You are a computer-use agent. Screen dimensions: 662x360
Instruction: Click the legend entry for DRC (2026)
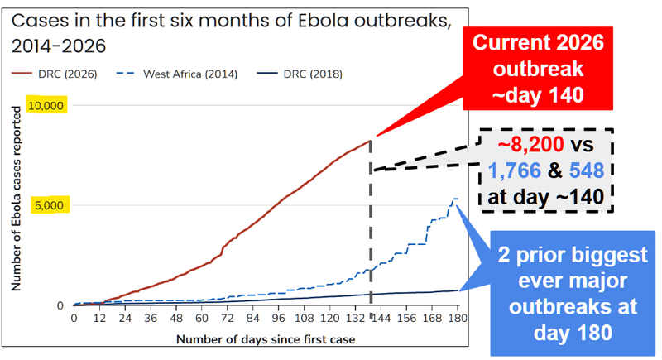[55, 74]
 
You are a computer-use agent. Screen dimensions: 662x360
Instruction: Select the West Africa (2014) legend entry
[176, 74]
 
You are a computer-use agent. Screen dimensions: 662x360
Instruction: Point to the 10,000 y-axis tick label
[46, 105]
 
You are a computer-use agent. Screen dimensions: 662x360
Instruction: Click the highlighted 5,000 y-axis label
[49, 205]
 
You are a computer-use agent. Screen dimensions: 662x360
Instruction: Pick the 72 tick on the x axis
[227, 318]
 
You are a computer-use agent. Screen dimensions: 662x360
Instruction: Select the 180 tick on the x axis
[458, 318]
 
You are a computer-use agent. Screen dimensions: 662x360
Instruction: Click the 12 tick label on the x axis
[99, 318]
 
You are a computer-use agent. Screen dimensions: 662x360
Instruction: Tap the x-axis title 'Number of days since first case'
[266, 339]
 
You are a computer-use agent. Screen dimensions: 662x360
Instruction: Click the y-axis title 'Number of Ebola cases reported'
[16, 199]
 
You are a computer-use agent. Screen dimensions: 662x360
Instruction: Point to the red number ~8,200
[530, 144]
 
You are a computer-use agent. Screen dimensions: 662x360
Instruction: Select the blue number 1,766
[514, 171]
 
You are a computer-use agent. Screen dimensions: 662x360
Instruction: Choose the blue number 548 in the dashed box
[587, 171]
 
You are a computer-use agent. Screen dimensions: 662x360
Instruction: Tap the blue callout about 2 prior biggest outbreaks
[573, 293]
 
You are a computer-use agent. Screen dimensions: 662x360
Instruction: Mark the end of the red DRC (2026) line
[371, 141]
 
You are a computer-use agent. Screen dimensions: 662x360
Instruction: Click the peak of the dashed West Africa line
[454, 199]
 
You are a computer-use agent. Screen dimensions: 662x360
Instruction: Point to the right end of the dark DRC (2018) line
[458, 290]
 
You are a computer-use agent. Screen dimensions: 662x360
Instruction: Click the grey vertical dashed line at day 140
[371, 223]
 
